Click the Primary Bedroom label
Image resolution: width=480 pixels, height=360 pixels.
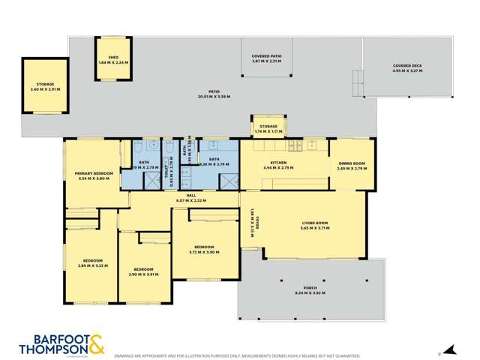pos(93,173)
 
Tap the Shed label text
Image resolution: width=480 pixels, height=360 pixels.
pos(113,57)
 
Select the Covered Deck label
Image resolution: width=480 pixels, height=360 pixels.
pos(407,66)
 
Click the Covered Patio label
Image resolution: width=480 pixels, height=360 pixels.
pos(266,56)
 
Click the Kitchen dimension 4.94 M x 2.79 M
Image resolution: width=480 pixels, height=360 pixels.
pos(278,168)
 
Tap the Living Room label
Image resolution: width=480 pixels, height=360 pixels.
pos(315,223)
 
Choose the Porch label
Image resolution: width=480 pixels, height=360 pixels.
pos(310,288)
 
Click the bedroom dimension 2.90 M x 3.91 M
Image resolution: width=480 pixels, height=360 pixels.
pos(143,274)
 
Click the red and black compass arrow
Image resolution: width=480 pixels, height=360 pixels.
pos(449,349)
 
